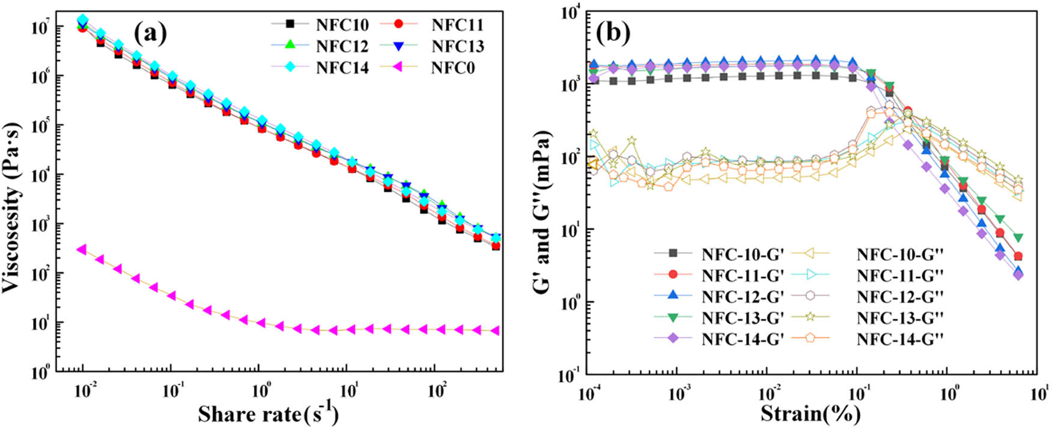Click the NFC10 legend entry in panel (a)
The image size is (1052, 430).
tap(341, 25)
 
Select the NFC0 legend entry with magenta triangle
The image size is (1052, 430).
tap(452, 68)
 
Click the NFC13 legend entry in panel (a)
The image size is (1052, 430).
tap(457, 46)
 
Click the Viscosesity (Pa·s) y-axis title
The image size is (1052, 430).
tap(13, 207)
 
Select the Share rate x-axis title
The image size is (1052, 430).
tap(268, 414)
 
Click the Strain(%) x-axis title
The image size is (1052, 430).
tap(810, 414)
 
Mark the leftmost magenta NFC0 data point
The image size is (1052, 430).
tap(82, 249)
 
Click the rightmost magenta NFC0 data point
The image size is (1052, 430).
tap(495, 331)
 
